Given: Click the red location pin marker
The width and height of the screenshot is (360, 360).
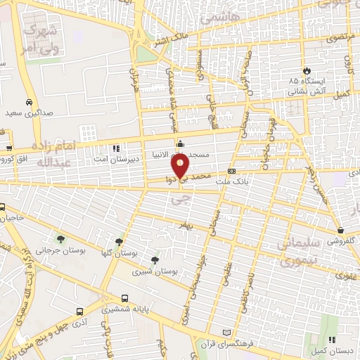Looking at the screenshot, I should (x=181, y=167).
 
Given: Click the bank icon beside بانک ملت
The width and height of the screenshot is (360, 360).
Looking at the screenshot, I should (x=231, y=171).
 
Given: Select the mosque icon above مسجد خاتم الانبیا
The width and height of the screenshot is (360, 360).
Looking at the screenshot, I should (x=181, y=144).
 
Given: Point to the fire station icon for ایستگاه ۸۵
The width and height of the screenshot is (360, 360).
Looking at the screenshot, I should (x=307, y=70).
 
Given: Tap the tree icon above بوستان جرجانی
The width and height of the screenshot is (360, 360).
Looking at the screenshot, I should (x=60, y=239).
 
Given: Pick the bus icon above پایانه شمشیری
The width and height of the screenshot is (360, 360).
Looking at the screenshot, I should (x=125, y=298).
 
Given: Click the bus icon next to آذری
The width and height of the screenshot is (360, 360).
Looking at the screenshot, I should (x=79, y=310).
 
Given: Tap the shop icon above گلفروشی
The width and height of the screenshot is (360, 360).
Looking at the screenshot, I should (x=341, y=230).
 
